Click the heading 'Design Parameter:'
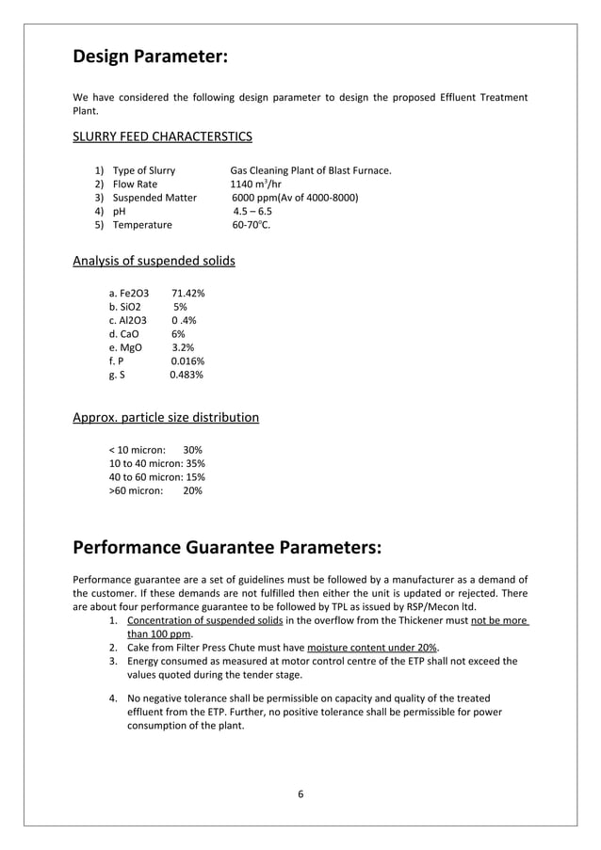tap(150, 56)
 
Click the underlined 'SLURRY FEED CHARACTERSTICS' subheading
tap(162, 136)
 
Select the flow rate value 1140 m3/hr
tap(256, 184)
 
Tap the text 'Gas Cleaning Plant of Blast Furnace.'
tap(311, 170)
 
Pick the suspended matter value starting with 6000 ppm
tap(295, 198)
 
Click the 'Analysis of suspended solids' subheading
tap(154, 260)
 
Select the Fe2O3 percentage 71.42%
tap(188, 294)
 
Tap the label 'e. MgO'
tap(125, 347)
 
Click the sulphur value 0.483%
tap(187, 375)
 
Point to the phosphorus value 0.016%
tap(187, 361)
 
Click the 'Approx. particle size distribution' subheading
tap(166, 417)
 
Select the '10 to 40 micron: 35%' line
tap(157, 463)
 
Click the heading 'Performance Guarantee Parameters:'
tap(227, 547)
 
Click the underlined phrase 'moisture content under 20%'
tap(372, 648)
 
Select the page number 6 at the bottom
tap(300, 794)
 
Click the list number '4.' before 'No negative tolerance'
tap(112, 698)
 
